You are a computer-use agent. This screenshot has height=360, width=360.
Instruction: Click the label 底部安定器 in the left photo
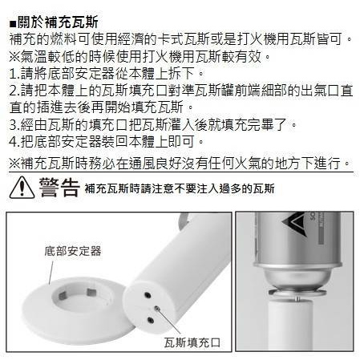tap(71, 251)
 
